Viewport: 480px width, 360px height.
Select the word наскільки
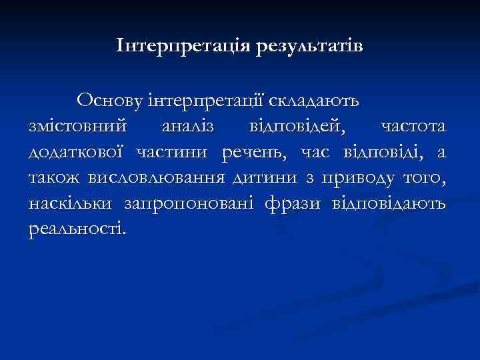click(69, 204)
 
